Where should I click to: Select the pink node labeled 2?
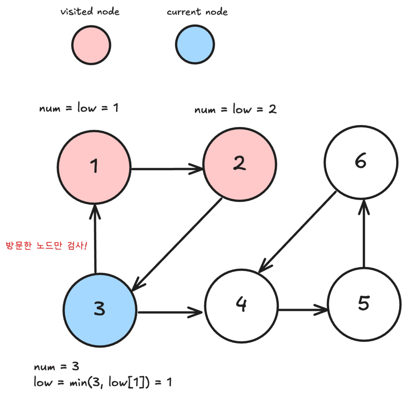(239, 163)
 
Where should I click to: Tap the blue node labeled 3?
(100, 309)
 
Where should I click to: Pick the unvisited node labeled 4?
(241, 306)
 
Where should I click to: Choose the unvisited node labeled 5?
(363, 304)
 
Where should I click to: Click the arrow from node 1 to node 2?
(167, 169)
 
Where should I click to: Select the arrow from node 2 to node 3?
(178, 244)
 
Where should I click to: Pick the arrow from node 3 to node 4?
(170, 312)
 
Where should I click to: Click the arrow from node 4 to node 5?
(303, 309)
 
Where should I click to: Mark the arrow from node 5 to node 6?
(364, 234)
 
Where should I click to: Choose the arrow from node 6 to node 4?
(298, 232)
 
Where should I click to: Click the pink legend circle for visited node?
(91, 45)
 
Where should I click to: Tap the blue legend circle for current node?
(194, 45)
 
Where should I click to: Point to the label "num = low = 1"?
(79, 108)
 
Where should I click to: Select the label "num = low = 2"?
(236, 110)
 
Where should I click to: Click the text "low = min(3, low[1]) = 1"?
(103, 383)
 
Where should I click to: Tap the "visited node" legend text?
(90, 12)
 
